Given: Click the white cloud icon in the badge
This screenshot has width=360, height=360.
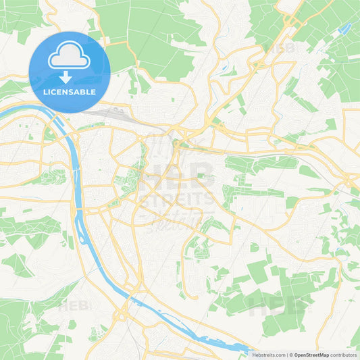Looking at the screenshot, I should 69,57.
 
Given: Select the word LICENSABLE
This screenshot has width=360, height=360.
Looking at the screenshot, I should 69,92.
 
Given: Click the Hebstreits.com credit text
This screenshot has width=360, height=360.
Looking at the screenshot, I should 268,354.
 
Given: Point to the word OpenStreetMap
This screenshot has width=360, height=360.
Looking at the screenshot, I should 311,354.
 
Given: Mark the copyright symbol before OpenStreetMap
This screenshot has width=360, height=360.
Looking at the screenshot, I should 291,354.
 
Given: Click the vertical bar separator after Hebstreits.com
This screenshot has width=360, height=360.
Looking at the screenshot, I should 286,354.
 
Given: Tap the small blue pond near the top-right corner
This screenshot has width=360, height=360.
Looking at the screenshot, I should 346,28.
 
